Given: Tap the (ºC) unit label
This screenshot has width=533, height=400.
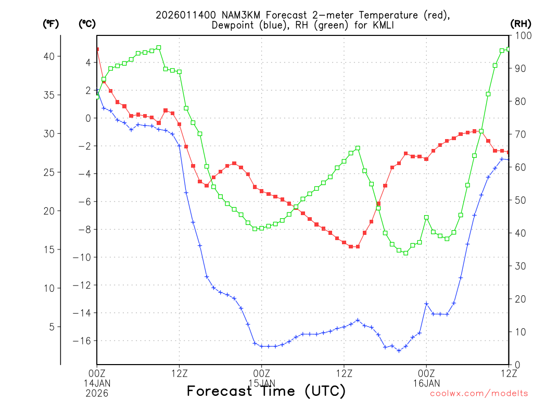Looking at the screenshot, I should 87,23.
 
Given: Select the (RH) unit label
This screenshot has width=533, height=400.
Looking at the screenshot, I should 521,23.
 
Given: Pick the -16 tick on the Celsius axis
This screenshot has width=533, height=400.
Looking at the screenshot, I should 84,341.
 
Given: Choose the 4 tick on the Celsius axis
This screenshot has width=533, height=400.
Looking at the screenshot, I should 88,63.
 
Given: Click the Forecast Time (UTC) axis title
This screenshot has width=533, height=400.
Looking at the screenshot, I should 266,391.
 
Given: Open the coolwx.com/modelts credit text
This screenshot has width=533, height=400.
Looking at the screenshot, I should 479,394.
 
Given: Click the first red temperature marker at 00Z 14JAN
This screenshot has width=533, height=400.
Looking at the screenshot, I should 97,49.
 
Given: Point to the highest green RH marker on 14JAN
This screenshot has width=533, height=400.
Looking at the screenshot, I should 159,47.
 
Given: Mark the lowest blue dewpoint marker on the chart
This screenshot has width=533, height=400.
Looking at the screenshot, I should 399,351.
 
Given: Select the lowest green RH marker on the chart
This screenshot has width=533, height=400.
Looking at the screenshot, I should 405,253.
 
